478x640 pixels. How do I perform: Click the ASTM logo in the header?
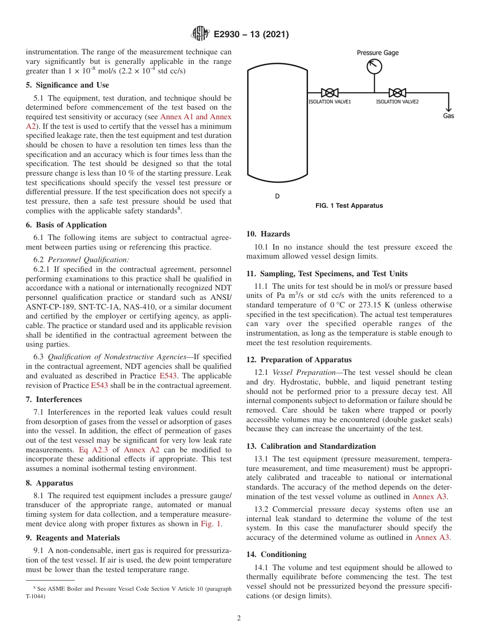coord(200,34)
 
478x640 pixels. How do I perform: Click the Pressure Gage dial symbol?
coord(374,66)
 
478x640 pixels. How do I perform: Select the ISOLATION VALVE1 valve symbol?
coord(330,93)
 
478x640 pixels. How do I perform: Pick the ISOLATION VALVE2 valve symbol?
coord(397,93)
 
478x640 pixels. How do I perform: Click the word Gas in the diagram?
coord(448,116)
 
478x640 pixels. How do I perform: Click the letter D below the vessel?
coord(277,196)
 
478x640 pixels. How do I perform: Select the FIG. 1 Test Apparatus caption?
coord(349,205)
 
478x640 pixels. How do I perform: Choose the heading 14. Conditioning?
coord(276,554)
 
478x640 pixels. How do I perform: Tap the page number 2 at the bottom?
coord(239,618)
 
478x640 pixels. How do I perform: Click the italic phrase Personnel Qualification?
coord(88,260)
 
